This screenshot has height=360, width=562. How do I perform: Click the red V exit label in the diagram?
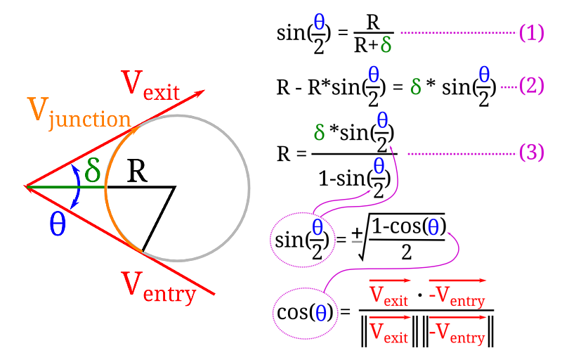[x=152, y=86]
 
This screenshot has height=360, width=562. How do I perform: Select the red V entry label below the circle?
[x=159, y=286]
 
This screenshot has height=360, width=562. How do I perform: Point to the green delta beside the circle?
[x=93, y=169]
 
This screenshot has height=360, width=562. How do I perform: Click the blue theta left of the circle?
[x=58, y=224]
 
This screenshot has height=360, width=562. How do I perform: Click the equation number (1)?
[x=532, y=33]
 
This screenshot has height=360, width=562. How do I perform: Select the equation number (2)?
[x=532, y=86]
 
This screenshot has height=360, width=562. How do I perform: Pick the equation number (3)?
[x=532, y=153]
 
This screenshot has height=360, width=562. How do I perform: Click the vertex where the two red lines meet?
[x=26, y=187]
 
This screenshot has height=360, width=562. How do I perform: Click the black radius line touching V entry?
[x=158, y=219]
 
